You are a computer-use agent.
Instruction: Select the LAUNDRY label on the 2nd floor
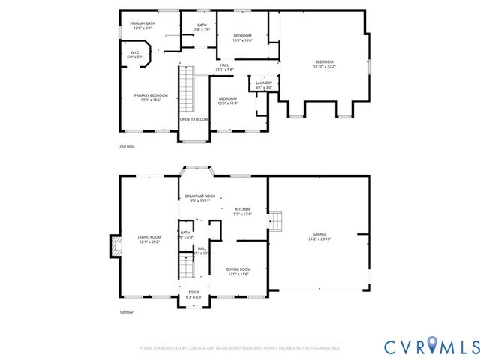click(x=264, y=85)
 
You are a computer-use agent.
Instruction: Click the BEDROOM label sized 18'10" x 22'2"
click(x=324, y=64)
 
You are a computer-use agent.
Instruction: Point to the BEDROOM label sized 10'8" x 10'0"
click(x=242, y=38)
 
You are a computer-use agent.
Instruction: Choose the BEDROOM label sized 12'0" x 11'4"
click(x=228, y=100)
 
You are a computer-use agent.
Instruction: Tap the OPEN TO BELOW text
click(x=193, y=119)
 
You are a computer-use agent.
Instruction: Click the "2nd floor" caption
click(x=127, y=147)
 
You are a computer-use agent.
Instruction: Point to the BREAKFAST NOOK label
click(x=200, y=198)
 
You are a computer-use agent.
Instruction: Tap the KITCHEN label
click(x=243, y=211)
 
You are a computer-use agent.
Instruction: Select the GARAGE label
click(x=319, y=236)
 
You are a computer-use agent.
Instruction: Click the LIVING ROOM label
click(x=149, y=239)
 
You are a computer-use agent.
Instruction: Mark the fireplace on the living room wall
click(x=115, y=246)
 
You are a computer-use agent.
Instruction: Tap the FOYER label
click(x=194, y=295)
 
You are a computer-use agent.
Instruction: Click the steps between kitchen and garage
click(x=277, y=222)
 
